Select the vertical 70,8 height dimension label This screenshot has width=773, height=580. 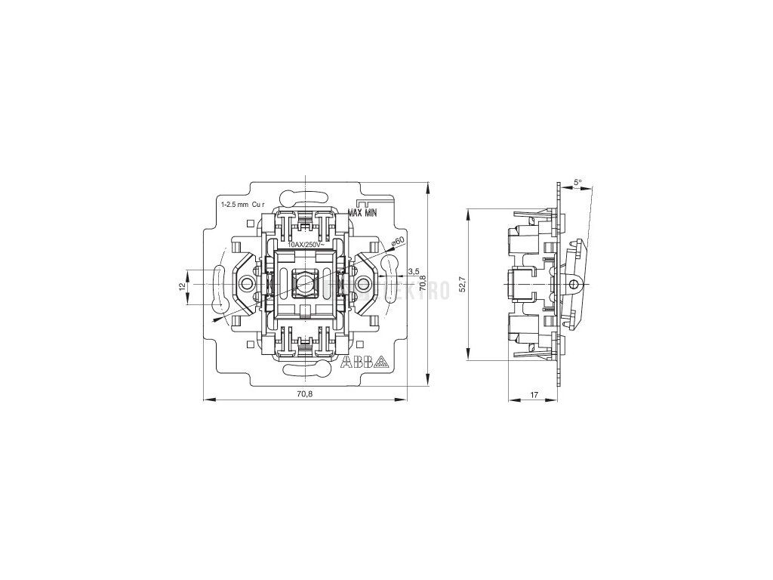click(423, 282)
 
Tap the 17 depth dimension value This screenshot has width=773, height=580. click(534, 393)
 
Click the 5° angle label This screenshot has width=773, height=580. click(577, 183)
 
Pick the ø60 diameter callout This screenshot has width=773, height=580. click(398, 241)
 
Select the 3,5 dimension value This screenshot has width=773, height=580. click(413, 270)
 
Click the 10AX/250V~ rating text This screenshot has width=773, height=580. click(306, 245)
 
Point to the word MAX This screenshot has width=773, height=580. click(356, 213)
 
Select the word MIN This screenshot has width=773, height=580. click(370, 213)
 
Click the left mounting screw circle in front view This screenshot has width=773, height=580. click(246, 283)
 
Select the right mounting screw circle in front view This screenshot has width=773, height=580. click(364, 283)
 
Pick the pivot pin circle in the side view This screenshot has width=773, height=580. click(573, 285)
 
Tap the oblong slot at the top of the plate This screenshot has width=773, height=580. click(305, 199)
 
